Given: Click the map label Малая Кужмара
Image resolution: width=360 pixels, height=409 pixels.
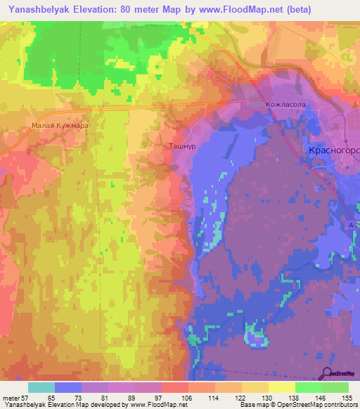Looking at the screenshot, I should coord(60,126).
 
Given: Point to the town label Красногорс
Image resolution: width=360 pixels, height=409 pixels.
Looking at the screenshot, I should coord(335,151).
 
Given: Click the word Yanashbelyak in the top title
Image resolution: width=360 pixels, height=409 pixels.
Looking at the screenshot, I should coord(39,9).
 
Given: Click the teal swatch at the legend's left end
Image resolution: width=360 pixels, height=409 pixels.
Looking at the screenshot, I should coord(41,387).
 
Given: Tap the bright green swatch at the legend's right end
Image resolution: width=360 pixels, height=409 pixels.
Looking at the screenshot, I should coord(335,387).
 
